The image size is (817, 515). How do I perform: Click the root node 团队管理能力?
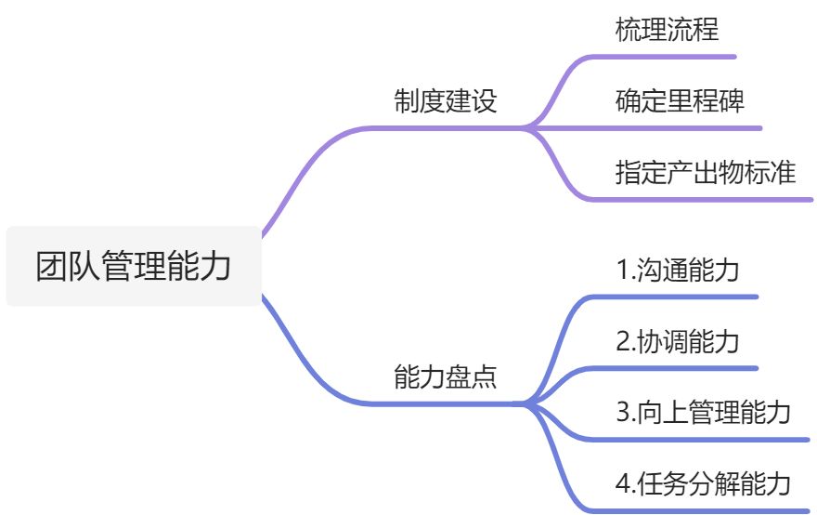pos(134,266)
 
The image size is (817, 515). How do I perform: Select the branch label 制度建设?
pos(446,100)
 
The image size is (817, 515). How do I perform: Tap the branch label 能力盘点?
pos(446,376)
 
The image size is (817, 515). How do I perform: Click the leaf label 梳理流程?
pos(667,29)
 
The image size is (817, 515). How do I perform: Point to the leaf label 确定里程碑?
pos(680,100)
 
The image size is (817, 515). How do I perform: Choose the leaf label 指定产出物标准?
pos(706,172)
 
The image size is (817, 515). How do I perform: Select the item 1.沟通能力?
pos(678,270)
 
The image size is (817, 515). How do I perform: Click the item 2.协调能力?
pos(678,341)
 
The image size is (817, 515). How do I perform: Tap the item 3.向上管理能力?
pos(704,412)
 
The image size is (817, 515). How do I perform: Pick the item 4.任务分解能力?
pos(704,483)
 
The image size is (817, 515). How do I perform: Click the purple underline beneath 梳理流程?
pos(662,57)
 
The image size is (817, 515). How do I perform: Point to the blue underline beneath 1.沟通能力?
pos(672,297)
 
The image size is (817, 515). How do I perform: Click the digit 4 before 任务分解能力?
pos(624,483)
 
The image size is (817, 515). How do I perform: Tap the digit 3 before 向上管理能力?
pos(624,412)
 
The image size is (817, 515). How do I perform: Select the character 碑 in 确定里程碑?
pos(733,100)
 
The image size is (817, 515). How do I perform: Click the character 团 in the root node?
pos(52,266)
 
